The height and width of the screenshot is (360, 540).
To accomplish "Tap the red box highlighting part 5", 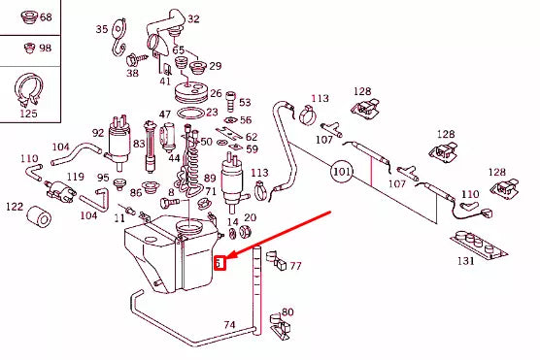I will [x=219, y=263].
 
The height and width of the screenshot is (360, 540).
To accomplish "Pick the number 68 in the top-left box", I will [x=46, y=18].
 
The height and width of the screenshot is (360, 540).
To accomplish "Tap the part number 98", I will [x=46, y=49].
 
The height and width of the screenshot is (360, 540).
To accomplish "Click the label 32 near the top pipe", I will [x=193, y=18].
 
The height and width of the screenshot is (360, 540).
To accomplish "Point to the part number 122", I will [x=15, y=206].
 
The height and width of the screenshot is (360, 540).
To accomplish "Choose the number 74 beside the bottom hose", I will [x=229, y=324].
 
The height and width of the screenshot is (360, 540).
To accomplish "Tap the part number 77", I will [x=295, y=266].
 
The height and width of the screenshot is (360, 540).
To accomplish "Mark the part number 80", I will [x=287, y=311].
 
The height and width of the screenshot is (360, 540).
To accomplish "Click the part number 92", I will [x=98, y=133].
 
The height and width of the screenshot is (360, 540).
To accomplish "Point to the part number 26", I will [x=216, y=94].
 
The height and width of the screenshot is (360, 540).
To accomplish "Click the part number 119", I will [x=75, y=178].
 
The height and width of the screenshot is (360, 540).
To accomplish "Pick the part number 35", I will [x=102, y=30].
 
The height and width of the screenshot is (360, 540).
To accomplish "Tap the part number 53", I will [x=244, y=102].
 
